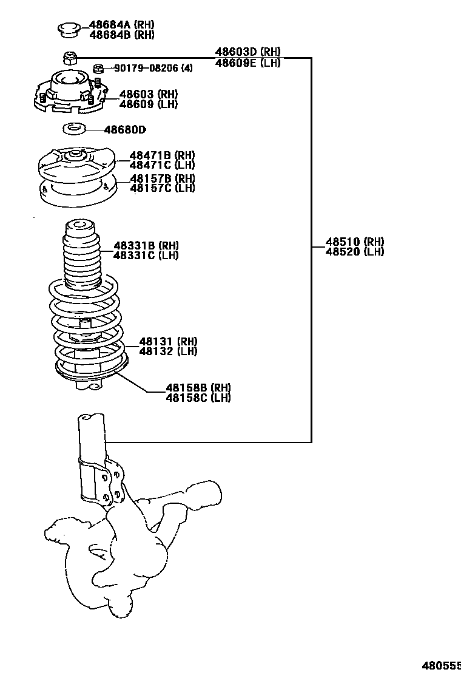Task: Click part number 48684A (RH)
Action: click(121, 25)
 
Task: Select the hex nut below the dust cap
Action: click(70, 58)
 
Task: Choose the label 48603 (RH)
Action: click(148, 94)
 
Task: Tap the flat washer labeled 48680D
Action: click(74, 129)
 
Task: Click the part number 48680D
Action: click(125, 129)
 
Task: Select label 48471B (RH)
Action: click(162, 155)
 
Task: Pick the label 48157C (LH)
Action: click(162, 188)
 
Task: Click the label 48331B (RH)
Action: click(146, 245)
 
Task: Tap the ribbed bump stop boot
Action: click(81, 255)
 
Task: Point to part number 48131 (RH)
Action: click(168, 341)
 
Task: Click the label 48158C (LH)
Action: click(198, 398)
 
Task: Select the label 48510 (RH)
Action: click(354, 242)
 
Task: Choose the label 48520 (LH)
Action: click(354, 252)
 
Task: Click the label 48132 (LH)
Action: click(168, 351)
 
